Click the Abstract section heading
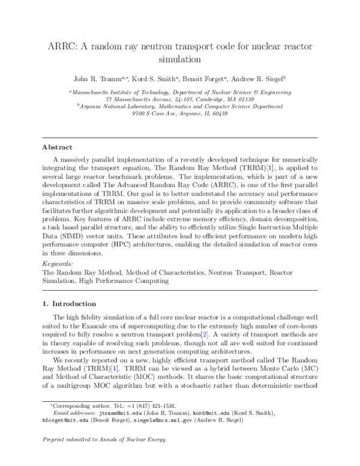point(57,147)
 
